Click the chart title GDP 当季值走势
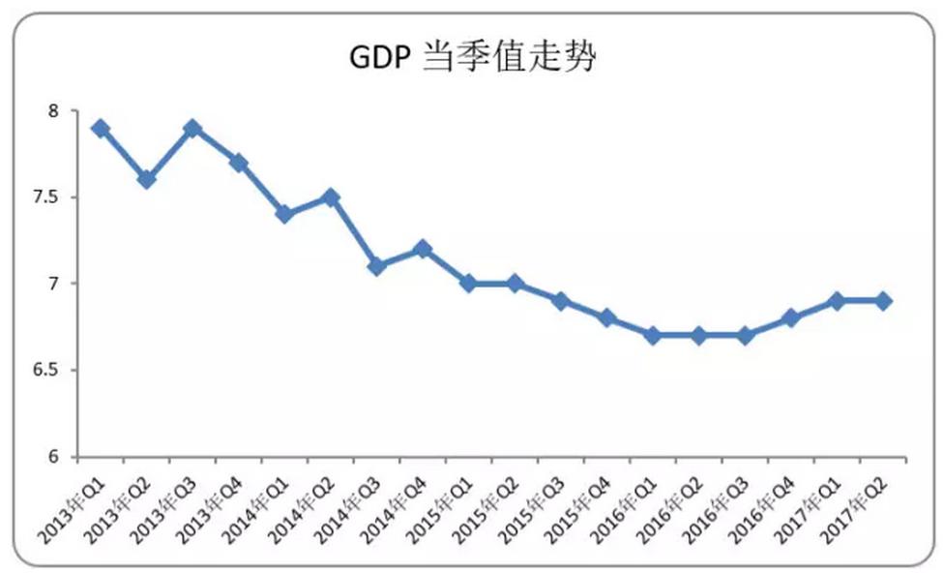pos(472,59)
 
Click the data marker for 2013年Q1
pos(100,129)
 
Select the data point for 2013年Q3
pos(192,129)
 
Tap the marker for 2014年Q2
pos(330,197)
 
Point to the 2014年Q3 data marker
pos(376,266)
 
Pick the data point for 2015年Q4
pos(606,317)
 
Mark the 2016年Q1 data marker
pos(653,335)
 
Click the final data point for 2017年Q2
pos(883,301)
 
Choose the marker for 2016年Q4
pos(791,317)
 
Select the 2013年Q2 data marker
pos(146,180)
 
